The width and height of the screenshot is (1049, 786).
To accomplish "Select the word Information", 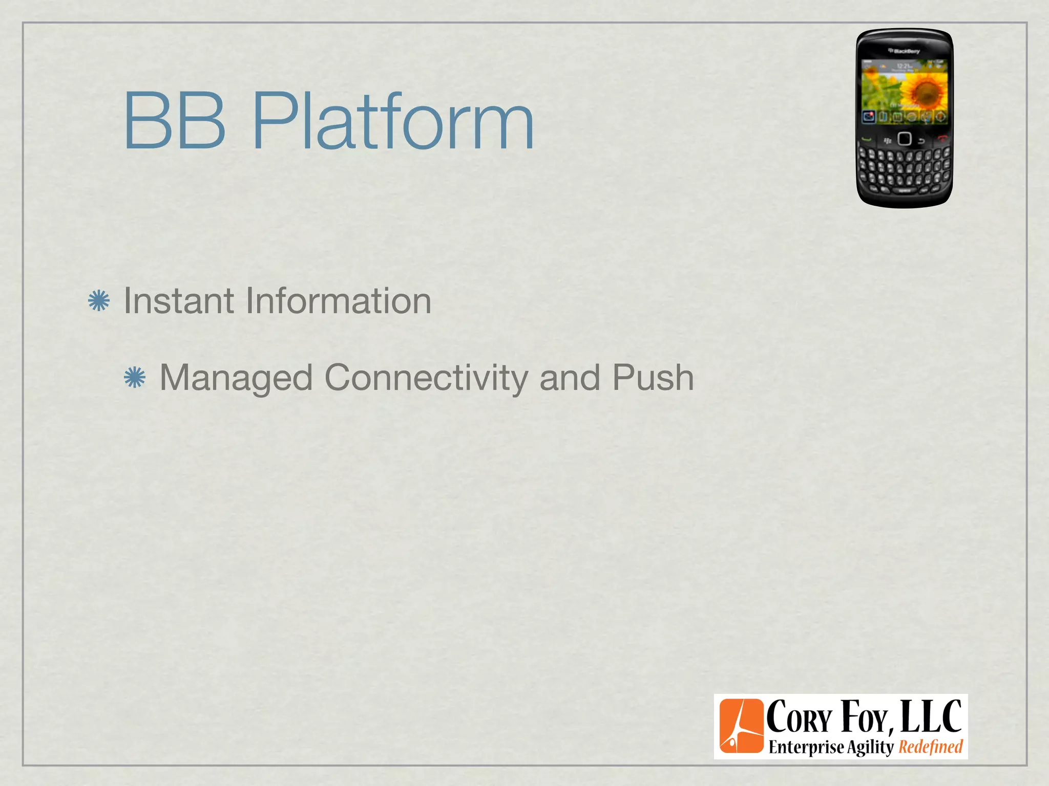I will (x=339, y=301).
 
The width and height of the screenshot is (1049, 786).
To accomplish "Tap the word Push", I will (x=653, y=378).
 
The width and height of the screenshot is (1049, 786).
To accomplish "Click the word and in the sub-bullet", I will (x=570, y=378).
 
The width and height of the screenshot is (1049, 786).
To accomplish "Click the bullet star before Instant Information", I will (x=99, y=301).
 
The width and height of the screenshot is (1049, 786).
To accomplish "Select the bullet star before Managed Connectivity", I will (x=135, y=378).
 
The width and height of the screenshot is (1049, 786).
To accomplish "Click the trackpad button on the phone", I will (x=905, y=139).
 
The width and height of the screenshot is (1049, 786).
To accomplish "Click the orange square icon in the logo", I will (x=741, y=726).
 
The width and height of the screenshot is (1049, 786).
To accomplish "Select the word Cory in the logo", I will (x=800, y=717).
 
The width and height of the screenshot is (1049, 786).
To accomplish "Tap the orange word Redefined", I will (x=931, y=747).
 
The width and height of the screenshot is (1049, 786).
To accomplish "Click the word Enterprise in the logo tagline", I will (x=806, y=748).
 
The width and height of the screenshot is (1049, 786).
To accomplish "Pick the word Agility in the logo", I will (x=870, y=748).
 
